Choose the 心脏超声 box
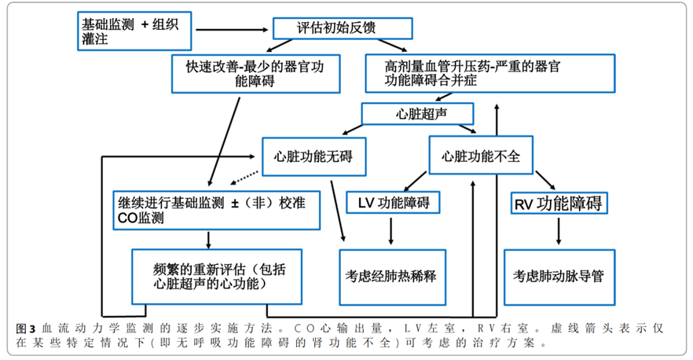point(416,114)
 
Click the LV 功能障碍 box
point(393,202)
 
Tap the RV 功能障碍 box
point(559,204)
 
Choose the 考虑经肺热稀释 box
point(391,277)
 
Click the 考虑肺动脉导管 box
point(559,277)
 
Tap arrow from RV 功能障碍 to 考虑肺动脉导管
point(559,231)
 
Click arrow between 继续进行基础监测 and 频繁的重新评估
point(208,239)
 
